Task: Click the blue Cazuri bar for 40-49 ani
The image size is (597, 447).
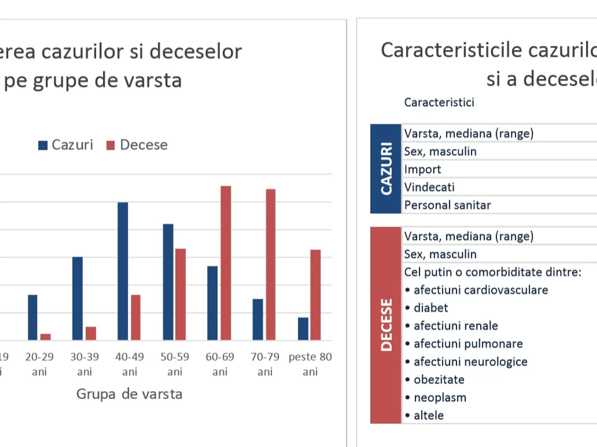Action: click(122, 271)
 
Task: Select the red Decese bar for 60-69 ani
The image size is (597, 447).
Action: click(226, 263)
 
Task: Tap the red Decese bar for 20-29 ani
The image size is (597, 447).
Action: click(46, 337)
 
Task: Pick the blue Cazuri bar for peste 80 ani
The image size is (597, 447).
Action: click(303, 329)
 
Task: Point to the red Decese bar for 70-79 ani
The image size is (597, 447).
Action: click(271, 265)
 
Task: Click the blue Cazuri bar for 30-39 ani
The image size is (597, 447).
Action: click(78, 298)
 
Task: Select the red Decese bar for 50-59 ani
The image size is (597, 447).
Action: click(181, 295)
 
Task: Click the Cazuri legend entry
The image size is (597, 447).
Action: click(66, 145)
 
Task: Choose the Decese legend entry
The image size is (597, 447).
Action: click(137, 145)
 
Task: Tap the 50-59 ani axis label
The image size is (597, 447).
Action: click(175, 364)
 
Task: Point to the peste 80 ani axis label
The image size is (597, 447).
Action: click(310, 364)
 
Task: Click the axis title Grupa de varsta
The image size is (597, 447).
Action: click(129, 394)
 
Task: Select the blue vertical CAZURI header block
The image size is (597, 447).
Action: click(386, 169)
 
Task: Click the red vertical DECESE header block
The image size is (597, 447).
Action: click(386, 325)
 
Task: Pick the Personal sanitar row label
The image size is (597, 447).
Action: click(447, 205)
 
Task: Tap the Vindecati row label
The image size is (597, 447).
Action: click(429, 187)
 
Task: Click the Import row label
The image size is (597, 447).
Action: click(422, 169)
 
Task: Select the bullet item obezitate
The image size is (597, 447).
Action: click(439, 380)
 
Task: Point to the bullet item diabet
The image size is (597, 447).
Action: click(431, 308)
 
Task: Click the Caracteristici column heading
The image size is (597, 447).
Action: click(439, 102)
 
